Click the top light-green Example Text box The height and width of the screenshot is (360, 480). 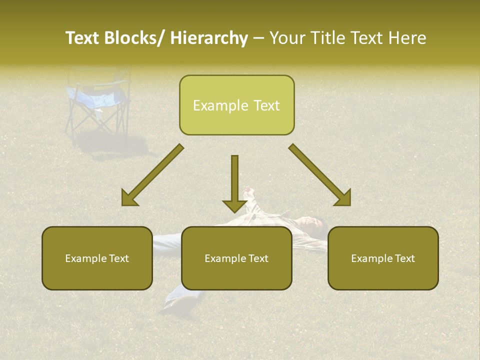tap(236, 105)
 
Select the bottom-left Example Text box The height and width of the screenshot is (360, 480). tap(97, 258)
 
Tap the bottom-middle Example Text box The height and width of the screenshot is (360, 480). tap(236, 258)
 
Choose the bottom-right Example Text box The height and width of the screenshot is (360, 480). tap(383, 258)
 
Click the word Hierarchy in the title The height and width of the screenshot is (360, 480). tap(209, 38)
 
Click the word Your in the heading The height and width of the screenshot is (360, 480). tap(287, 38)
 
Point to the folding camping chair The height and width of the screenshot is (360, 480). tap(97, 102)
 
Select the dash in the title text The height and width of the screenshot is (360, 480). tap(258, 38)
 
